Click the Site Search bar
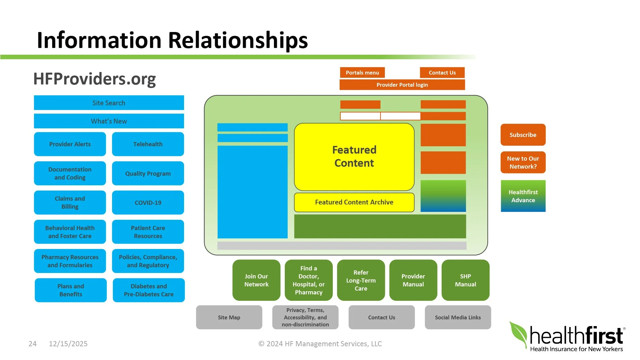[x=109, y=103]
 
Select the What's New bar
[x=109, y=121]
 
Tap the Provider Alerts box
[x=70, y=144]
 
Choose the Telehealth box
[x=148, y=144]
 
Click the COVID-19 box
[x=148, y=203]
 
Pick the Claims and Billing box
[x=70, y=203]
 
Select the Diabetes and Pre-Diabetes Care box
[x=149, y=290]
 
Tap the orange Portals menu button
[x=362, y=73]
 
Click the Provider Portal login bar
[x=402, y=85]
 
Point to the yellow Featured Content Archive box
[x=354, y=202]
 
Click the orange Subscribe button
[x=523, y=135]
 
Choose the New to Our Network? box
[x=523, y=162]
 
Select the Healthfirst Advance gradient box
[x=523, y=196]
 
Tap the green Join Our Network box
[x=256, y=280]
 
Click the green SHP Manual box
[x=466, y=280]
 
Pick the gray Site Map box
[x=229, y=317]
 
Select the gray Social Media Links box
[x=458, y=317]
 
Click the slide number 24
[x=33, y=344]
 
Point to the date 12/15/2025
[x=68, y=344]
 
